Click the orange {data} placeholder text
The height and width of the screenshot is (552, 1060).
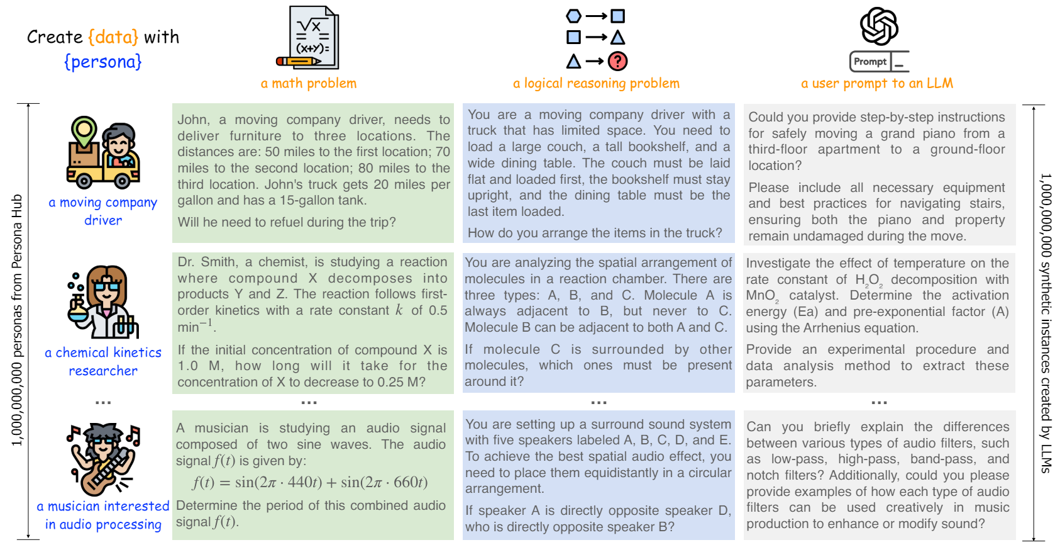pos(113,37)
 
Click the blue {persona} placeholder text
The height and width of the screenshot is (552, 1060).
pos(103,62)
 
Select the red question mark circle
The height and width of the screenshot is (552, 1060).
pos(618,61)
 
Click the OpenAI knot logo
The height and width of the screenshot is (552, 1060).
pos(879,26)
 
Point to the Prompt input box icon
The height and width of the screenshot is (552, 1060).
pos(878,62)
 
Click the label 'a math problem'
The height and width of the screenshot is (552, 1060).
pos(309,83)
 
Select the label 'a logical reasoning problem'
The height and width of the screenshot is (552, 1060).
pos(596,83)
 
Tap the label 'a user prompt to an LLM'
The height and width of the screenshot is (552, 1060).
pos(876,83)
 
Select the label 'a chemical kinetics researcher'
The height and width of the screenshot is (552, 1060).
pos(103,361)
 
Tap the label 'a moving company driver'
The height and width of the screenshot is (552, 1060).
pos(103,211)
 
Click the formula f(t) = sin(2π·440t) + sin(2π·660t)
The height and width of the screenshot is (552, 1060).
pos(310,482)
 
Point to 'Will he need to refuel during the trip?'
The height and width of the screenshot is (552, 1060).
pos(287,222)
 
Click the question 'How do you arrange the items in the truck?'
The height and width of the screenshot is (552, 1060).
pos(595,233)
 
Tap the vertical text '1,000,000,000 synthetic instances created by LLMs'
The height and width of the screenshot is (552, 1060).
pos(1045,323)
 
